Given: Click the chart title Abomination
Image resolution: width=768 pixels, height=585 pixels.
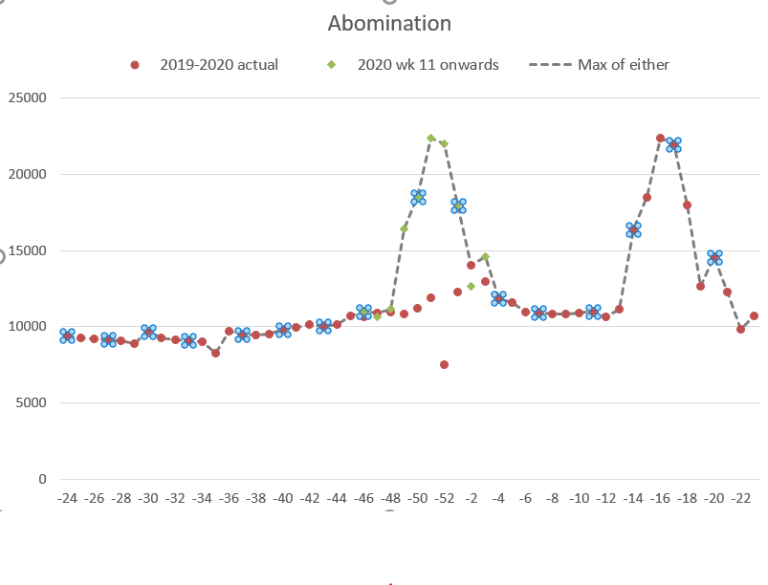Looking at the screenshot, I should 389,23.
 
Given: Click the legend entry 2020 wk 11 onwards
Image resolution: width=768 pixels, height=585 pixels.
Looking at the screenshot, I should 428,65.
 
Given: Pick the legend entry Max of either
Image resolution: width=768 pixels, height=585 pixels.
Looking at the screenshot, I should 623,65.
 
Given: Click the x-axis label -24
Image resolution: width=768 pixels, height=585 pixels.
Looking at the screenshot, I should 67,499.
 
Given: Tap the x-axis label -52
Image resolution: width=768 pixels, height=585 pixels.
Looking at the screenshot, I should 444,499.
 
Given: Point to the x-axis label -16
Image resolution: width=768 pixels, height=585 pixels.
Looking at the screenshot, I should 660,499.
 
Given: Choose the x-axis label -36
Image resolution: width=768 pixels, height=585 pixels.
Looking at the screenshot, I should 229,499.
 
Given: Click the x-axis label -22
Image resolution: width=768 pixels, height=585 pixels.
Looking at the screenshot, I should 740,499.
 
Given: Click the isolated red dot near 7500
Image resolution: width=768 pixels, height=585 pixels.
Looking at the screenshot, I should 445,364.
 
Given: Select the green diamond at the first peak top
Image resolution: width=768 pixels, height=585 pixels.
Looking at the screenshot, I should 430,138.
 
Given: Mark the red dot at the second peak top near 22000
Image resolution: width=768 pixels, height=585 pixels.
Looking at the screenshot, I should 660,138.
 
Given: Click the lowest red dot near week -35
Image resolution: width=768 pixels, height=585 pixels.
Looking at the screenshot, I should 216,353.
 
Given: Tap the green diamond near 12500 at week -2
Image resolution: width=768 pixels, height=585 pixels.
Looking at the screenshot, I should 471,286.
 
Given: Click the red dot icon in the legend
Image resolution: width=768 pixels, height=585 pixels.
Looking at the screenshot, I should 135,65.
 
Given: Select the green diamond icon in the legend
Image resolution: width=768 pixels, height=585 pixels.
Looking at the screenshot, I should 332,65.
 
